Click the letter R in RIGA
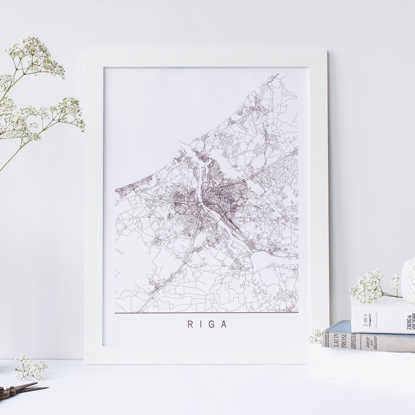click(190, 325)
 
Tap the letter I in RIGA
click(202, 325)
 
